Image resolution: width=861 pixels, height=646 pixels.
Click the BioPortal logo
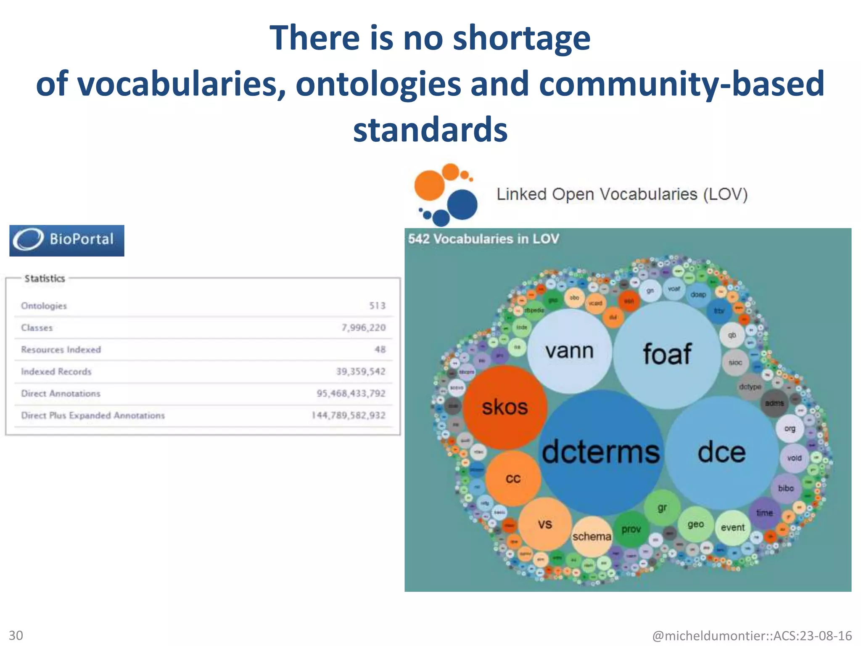coord(67,240)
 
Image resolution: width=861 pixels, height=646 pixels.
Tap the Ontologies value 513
coord(377,306)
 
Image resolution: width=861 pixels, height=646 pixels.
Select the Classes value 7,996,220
coord(363,328)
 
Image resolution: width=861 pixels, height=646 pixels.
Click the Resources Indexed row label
coord(61,349)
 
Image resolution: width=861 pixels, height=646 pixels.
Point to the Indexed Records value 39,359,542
coord(360,371)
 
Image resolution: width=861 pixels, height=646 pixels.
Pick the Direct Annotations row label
coord(61,393)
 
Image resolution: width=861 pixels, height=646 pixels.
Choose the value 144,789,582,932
coord(348,416)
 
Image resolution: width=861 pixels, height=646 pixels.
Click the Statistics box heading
coord(45,278)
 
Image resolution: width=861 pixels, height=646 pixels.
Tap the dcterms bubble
coord(600,452)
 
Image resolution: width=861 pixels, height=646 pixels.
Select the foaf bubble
coord(667,354)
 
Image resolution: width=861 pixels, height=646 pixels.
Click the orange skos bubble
coord(504,407)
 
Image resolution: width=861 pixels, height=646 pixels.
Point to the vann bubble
coord(569,351)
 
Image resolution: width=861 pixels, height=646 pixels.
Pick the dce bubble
coord(721,453)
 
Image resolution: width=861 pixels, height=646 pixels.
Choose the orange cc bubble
coord(513,479)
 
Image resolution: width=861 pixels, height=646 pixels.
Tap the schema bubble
coord(592,537)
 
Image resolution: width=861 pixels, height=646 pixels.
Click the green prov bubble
coord(631,530)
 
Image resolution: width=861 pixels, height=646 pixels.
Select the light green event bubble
coord(732,527)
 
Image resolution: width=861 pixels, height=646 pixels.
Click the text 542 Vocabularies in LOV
coord(483,239)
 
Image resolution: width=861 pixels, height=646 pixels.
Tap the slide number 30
coord(16,635)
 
